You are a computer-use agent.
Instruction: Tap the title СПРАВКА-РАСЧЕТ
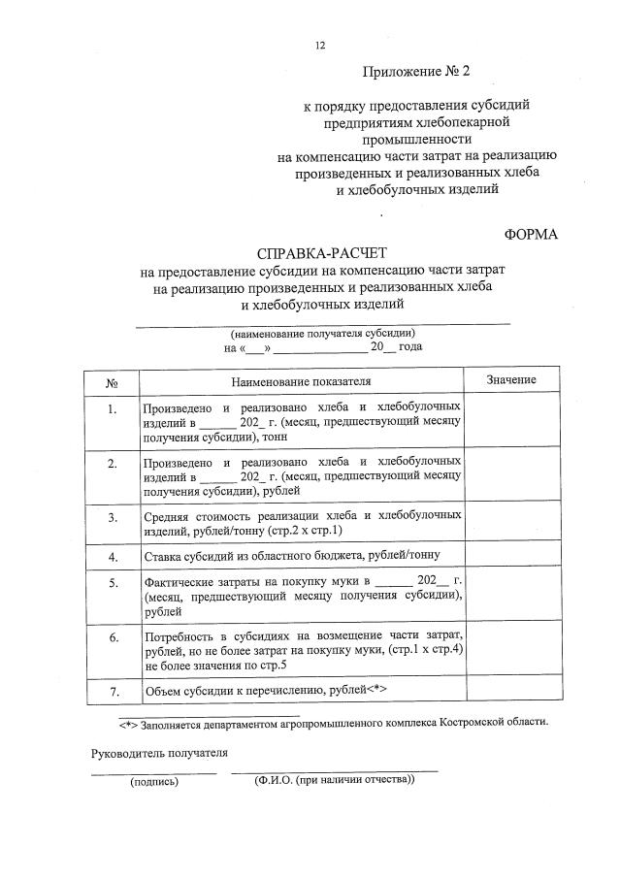click(x=321, y=251)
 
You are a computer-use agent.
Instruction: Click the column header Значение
click(x=510, y=380)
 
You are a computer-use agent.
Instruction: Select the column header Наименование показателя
click(x=302, y=382)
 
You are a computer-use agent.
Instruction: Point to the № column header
click(x=112, y=382)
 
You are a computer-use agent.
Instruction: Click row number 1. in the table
click(x=112, y=408)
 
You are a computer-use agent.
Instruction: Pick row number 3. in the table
click(x=112, y=517)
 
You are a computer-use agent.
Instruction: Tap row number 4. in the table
click(x=112, y=557)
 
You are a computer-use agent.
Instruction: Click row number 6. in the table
click(x=112, y=636)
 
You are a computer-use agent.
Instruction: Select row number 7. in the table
click(x=112, y=692)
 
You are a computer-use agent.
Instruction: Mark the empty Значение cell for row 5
click(x=510, y=596)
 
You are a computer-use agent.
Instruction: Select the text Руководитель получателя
click(x=159, y=752)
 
